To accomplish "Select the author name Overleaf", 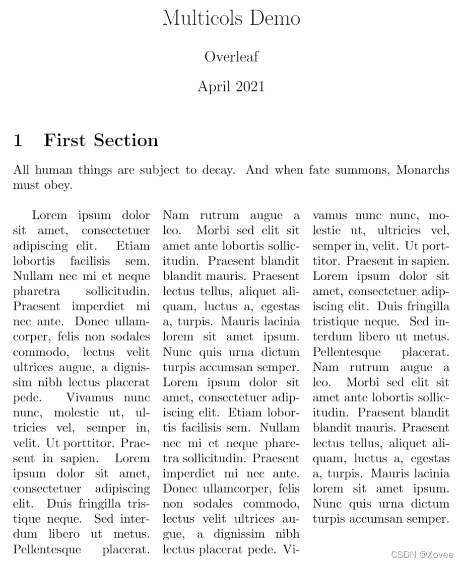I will (x=231, y=57).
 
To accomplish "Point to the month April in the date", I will (x=213, y=87).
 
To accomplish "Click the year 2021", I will (x=248, y=87).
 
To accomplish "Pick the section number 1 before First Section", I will (x=18, y=140).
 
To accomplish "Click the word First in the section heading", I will (x=65, y=140).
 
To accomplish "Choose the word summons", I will (x=364, y=170).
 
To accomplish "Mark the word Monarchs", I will (x=423, y=170).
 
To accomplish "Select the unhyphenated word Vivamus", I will (x=92, y=398).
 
